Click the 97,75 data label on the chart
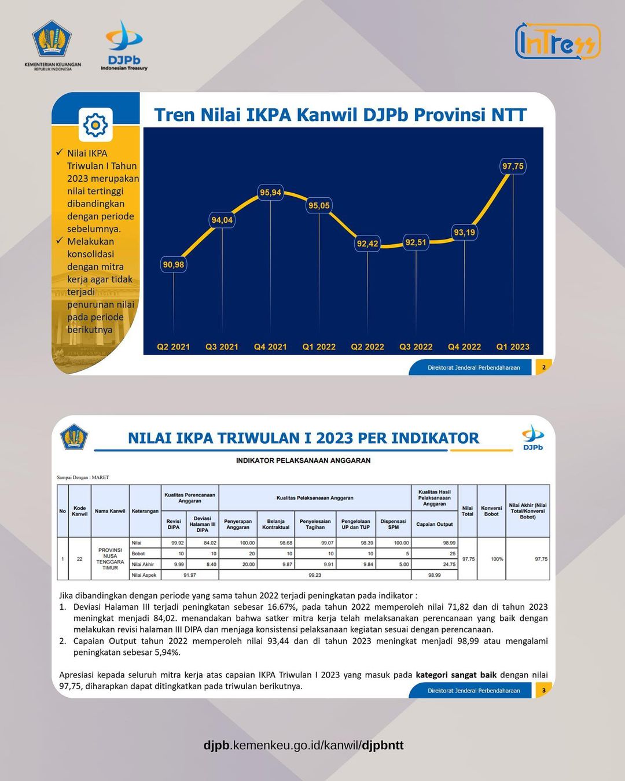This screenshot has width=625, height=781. [x=513, y=167]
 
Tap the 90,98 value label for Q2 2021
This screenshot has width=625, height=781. [x=173, y=265]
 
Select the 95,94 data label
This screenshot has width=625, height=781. [x=270, y=193]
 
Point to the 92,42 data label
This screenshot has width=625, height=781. [x=367, y=244]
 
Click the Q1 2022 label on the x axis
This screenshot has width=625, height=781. [x=319, y=347]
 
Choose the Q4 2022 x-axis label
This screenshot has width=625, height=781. [x=464, y=347]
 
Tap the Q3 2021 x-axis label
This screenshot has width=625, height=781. [x=222, y=347]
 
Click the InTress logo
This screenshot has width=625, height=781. [x=557, y=41]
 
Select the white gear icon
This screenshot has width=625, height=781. [x=95, y=125]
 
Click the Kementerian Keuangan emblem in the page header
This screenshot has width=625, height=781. [x=53, y=40]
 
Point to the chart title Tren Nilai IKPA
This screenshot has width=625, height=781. [x=340, y=115]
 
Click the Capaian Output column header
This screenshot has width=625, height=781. [x=434, y=524]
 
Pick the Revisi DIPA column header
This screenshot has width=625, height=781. [x=174, y=524]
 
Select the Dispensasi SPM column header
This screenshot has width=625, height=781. [x=394, y=524]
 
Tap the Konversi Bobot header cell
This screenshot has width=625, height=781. [x=491, y=511]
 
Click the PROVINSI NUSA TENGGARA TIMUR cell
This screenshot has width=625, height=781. [x=110, y=559]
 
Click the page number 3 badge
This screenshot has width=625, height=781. [x=543, y=690]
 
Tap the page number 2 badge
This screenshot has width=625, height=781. [x=543, y=367]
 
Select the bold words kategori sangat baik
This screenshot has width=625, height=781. [x=456, y=675]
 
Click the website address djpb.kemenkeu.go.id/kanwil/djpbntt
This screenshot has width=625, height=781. [x=303, y=745]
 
